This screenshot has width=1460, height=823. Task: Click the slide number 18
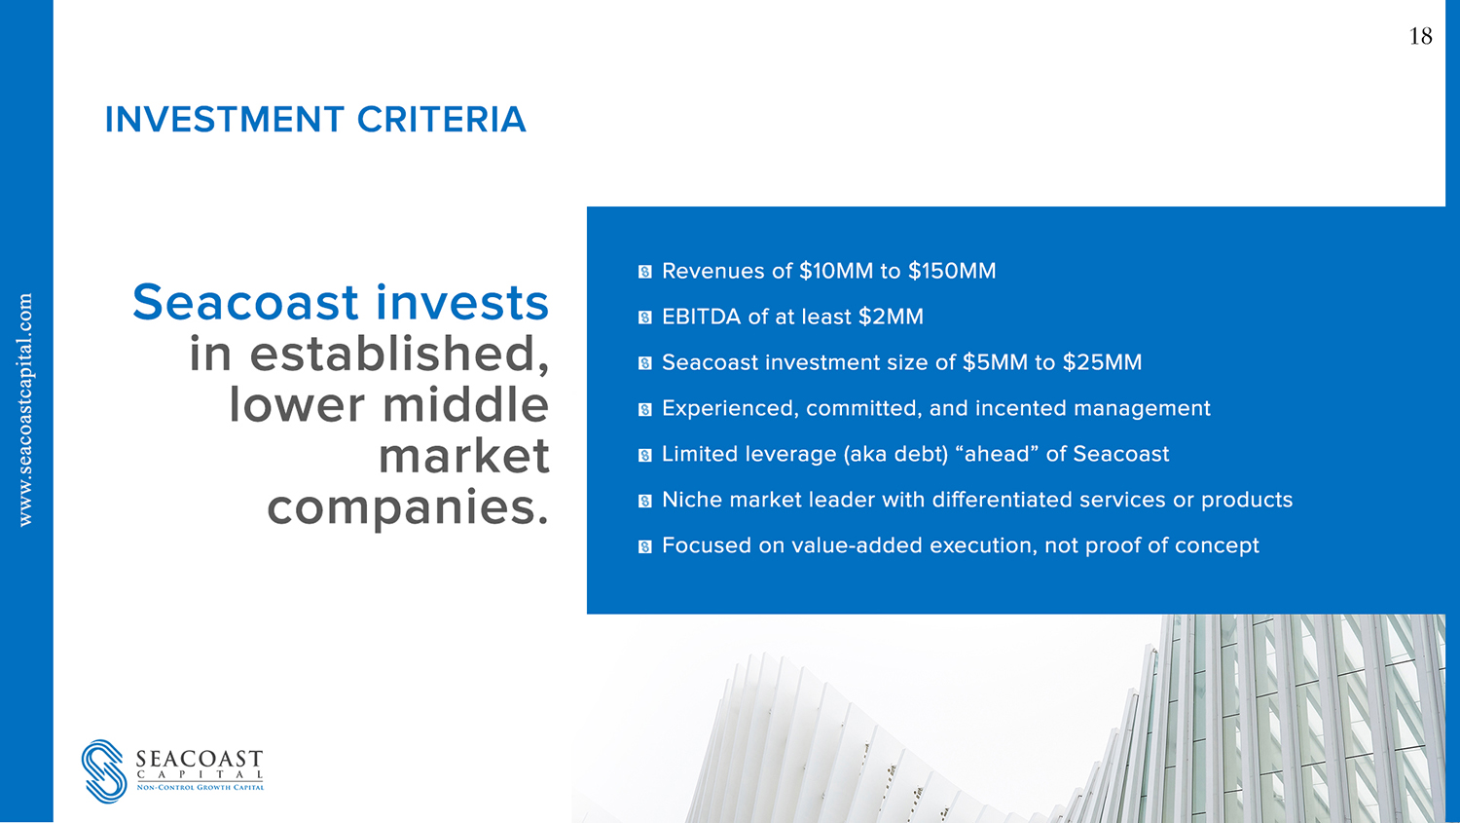tap(1420, 36)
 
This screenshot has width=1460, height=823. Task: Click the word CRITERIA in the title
tap(441, 120)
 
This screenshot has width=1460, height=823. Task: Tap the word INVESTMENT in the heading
tap(224, 120)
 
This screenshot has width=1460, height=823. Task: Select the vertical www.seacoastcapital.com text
tap(25, 409)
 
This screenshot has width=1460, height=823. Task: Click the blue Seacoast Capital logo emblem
tap(104, 770)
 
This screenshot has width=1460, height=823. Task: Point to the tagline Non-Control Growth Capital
tap(201, 788)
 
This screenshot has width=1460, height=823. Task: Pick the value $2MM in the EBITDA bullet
tap(891, 317)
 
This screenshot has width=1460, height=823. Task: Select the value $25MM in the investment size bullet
tap(1102, 362)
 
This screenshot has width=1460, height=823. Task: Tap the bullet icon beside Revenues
tap(644, 272)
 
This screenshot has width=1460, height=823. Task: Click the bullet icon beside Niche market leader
tap(644, 501)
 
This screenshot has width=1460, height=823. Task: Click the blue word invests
tap(462, 302)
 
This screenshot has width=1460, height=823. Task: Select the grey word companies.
tap(408, 508)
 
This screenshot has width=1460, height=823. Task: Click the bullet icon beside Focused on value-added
tap(644, 546)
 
